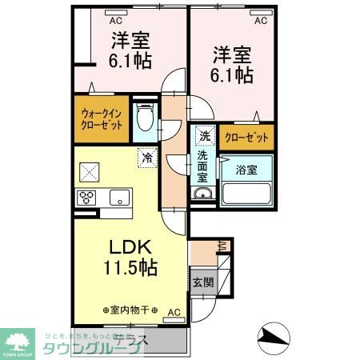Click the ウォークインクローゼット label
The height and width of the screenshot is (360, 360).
click(x=102, y=119)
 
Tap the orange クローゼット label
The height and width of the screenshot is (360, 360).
click(x=246, y=137)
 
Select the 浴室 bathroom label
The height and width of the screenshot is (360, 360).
click(x=246, y=170)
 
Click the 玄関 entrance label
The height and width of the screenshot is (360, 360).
click(x=203, y=282)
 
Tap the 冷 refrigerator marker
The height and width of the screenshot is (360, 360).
click(x=147, y=158)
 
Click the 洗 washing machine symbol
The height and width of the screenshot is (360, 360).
click(x=204, y=136)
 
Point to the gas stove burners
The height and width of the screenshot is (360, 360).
click(x=86, y=198)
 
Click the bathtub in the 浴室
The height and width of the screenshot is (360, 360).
click(x=247, y=195)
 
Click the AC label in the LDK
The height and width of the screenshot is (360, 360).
click(x=174, y=311)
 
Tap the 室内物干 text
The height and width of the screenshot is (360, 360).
click(x=131, y=309)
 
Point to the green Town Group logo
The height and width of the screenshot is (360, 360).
click(x=18, y=341)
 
